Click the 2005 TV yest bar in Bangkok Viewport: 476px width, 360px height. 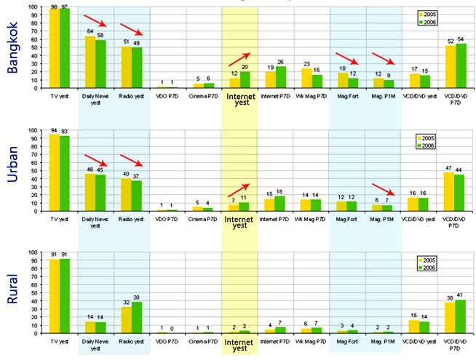[x=53, y=48]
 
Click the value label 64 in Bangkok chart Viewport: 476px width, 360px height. [x=90, y=31]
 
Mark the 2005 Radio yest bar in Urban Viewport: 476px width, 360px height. [x=126, y=194]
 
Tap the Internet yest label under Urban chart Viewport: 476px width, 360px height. [x=239, y=221]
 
